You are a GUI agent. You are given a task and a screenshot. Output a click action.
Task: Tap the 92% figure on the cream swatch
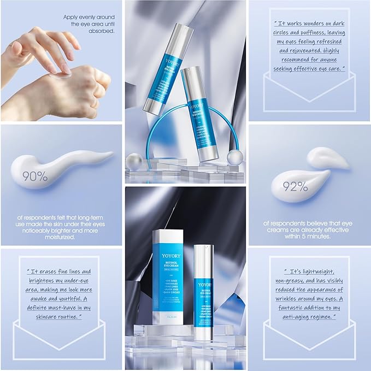pyautogui.click(x=296, y=187)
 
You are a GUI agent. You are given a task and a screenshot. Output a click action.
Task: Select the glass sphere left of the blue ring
pyautogui.click(x=134, y=161)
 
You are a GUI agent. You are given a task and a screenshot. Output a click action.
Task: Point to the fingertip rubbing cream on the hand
pyautogui.click(x=65, y=69)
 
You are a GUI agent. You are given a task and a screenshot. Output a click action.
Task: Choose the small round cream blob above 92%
pyautogui.click(x=326, y=157)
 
